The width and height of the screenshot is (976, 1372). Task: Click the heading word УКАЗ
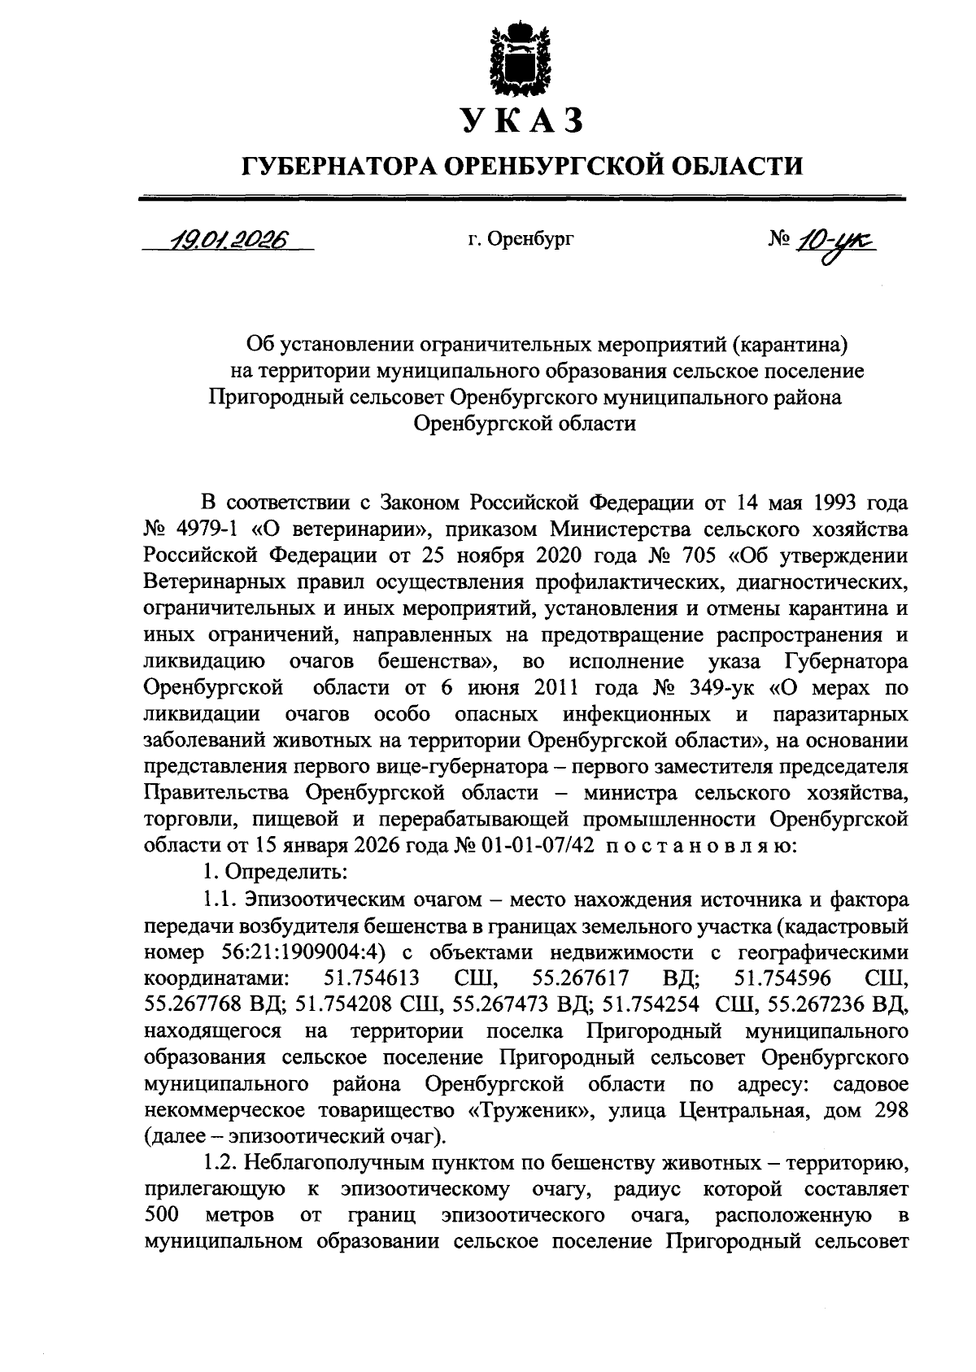point(522,120)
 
